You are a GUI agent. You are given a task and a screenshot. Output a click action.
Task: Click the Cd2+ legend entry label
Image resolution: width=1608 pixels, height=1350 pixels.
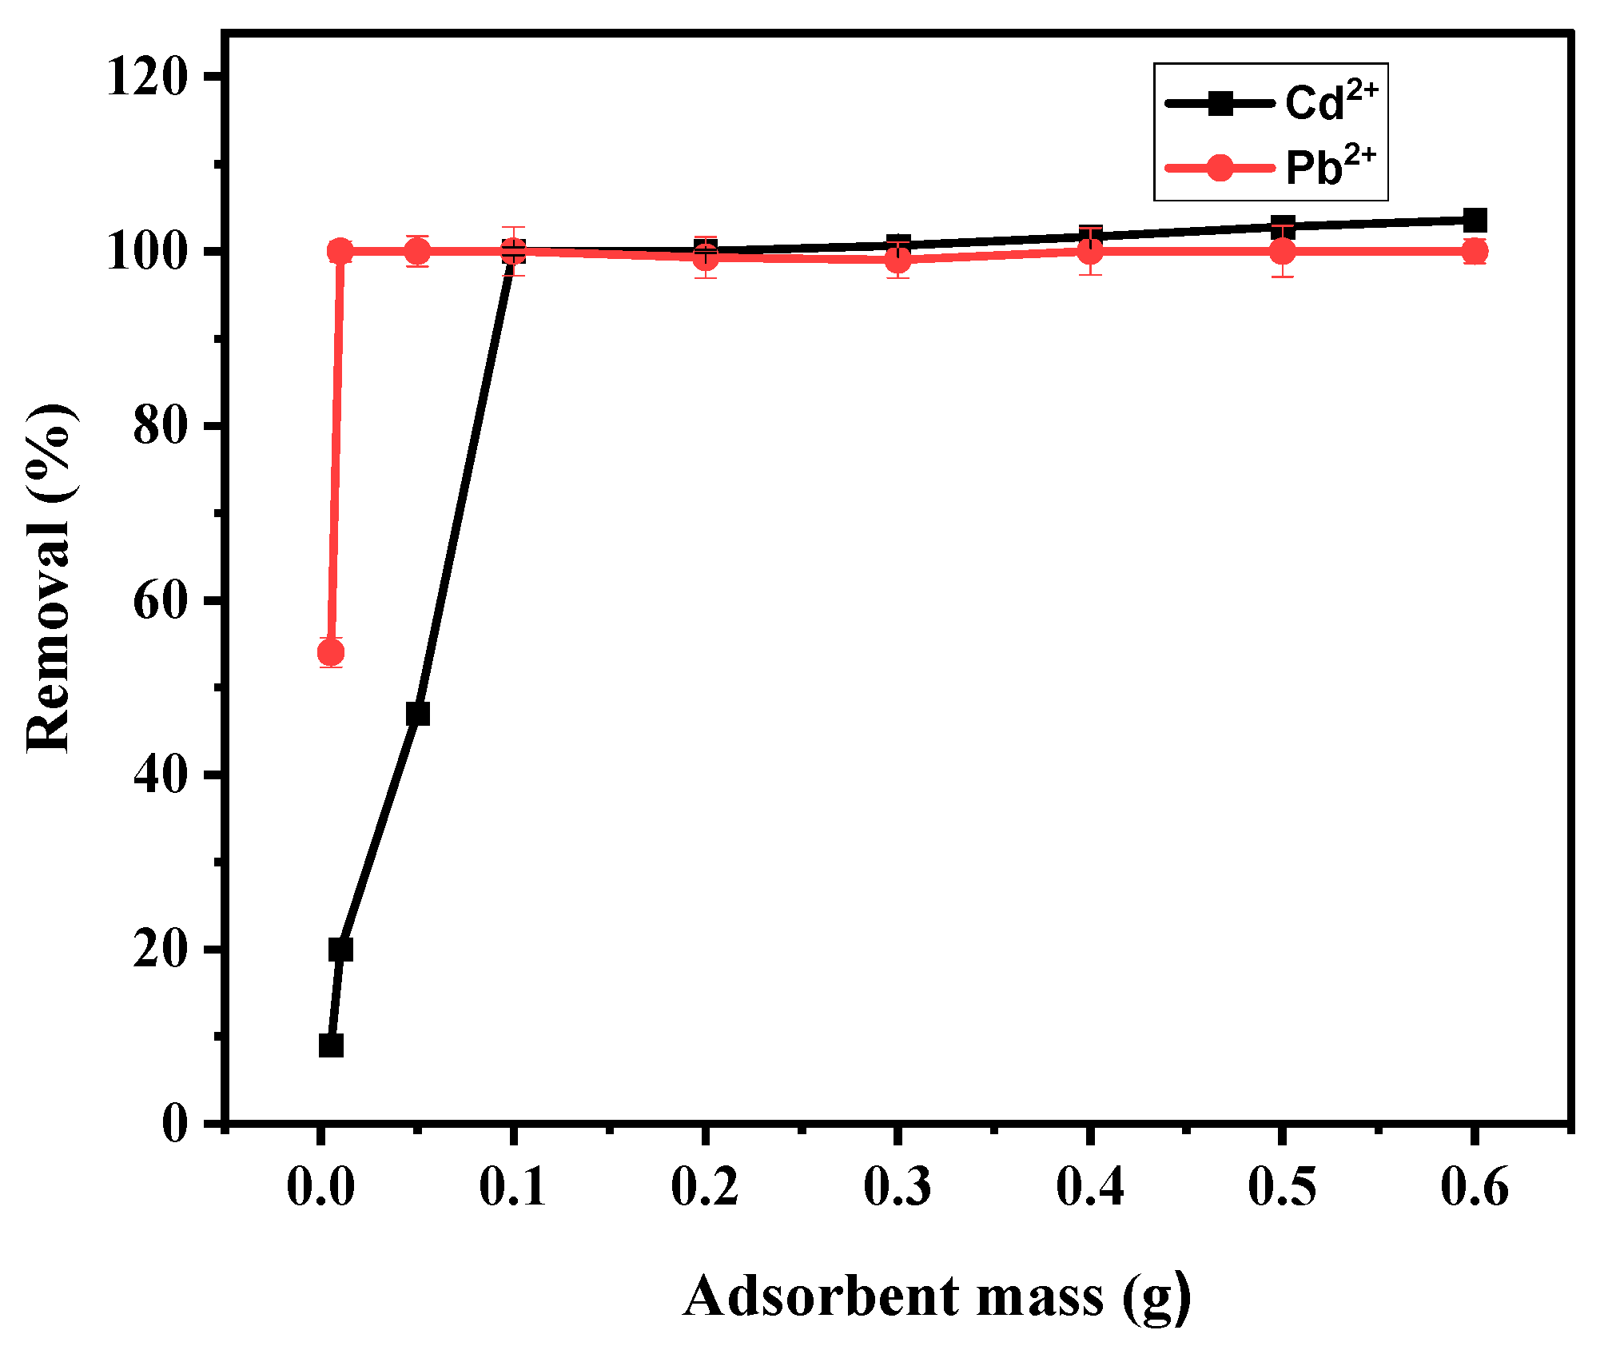click(1331, 102)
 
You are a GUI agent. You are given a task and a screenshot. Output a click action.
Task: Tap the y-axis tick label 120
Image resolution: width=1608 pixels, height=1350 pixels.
click(148, 78)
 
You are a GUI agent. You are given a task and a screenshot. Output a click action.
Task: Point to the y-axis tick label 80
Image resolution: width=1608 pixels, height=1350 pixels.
click(161, 426)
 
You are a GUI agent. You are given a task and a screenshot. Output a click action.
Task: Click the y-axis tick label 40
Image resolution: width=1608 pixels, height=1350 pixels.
click(161, 775)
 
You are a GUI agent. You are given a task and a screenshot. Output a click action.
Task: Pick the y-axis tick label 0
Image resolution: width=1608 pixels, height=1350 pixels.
click(175, 1124)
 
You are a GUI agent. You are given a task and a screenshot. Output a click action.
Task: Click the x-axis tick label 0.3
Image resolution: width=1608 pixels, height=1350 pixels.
click(898, 1186)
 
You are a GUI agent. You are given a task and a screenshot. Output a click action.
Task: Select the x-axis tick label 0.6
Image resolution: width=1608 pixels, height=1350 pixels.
click(1475, 1186)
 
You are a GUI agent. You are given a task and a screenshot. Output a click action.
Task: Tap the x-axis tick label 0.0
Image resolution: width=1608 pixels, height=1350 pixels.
click(320, 1186)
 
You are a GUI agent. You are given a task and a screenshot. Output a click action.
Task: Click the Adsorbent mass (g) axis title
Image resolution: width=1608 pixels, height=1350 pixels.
click(937, 1296)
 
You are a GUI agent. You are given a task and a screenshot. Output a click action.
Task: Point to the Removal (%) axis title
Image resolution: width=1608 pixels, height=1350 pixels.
click(50, 577)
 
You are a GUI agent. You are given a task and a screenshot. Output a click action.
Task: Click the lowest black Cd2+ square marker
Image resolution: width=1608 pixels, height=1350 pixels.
click(331, 1045)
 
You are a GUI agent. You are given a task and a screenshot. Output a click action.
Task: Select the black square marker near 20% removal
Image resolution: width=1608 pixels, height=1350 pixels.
click(340, 950)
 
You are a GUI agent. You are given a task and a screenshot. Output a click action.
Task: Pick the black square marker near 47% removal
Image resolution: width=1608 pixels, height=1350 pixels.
click(417, 714)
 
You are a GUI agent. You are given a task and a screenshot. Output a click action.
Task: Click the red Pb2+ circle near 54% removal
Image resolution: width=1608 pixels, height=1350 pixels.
click(331, 653)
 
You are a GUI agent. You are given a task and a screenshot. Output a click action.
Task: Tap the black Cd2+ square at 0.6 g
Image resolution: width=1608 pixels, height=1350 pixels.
click(1475, 220)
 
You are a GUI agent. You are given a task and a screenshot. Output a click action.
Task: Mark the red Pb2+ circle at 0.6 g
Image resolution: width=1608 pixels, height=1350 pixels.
click(1475, 252)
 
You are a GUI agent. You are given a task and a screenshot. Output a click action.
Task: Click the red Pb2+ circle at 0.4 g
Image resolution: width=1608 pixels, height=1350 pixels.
click(1090, 252)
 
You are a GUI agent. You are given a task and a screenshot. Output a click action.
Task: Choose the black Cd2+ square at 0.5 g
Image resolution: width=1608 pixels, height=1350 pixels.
click(1283, 226)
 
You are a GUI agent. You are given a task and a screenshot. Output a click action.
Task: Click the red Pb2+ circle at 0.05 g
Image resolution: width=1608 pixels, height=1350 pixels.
click(417, 252)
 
